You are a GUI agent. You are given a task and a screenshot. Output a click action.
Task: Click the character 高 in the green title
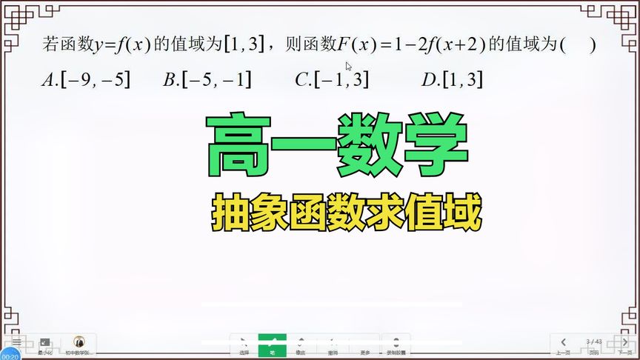point(239,145)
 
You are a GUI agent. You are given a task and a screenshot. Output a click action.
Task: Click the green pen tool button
point(272,345)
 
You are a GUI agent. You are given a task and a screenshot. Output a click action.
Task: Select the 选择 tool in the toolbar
point(245,345)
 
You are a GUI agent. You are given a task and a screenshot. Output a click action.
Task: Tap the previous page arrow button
point(564,344)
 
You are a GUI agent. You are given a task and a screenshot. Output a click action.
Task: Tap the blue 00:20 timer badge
point(10,356)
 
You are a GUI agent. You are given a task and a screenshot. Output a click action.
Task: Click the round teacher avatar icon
point(79,342)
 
